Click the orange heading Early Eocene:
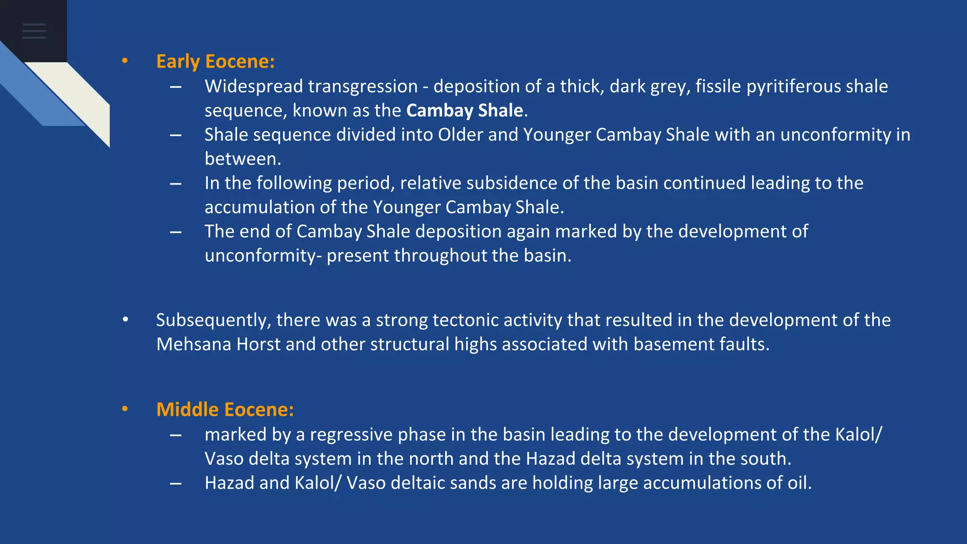[215, 62]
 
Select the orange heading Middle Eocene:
[225, 410]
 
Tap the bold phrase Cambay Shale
[465, 110]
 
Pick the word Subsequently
[213, 321]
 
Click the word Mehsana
[194, 344]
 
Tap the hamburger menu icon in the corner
[34, 31]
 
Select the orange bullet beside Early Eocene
[125, 61]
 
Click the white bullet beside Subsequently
[125, 320]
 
